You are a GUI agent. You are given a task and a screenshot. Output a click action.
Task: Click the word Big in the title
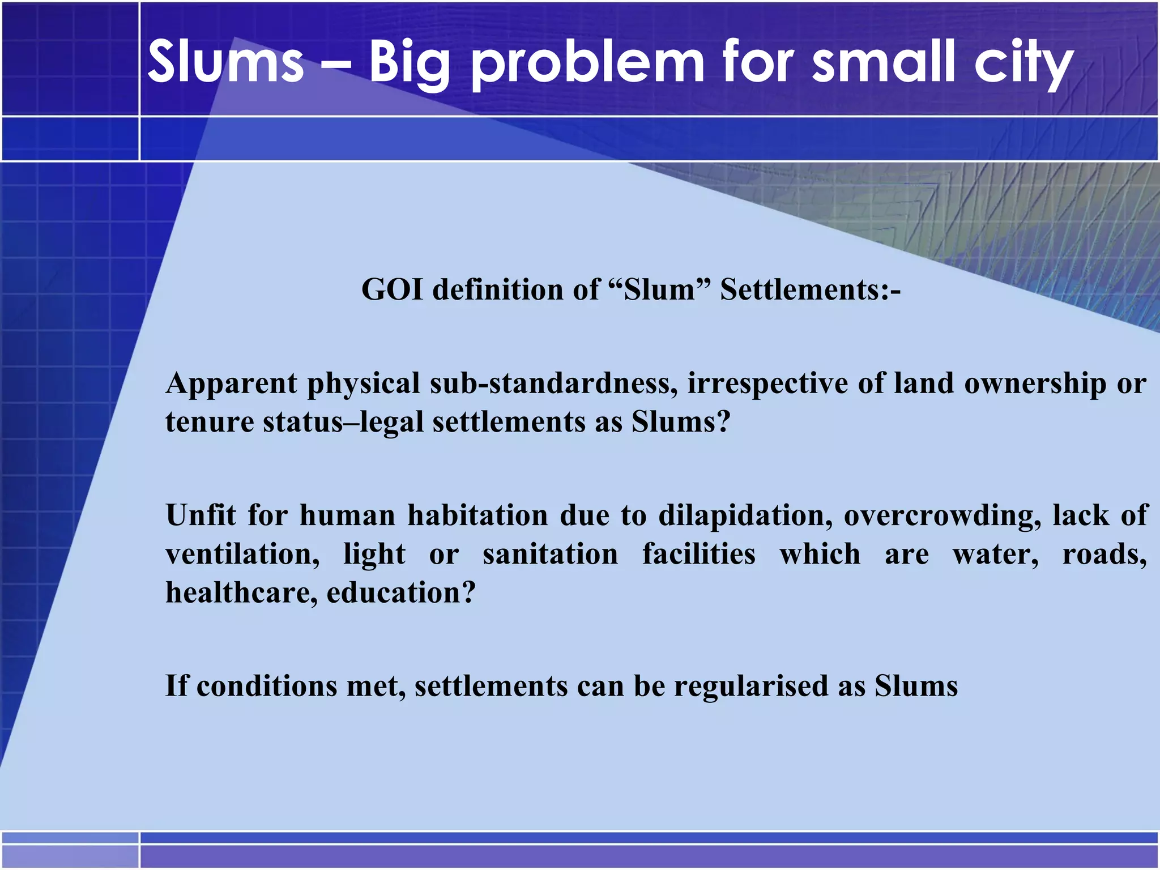click(x=410, y=63)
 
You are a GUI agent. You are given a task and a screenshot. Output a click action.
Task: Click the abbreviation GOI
click(x=392, y=289)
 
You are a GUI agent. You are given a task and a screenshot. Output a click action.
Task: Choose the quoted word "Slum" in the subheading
click(x=659, y=289)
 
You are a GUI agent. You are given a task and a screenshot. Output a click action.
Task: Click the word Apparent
click(x=231, y=384)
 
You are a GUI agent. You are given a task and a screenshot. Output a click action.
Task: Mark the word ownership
click(x=1035, y=384)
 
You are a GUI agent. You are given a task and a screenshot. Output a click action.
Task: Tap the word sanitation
click(x=550, y=554)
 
